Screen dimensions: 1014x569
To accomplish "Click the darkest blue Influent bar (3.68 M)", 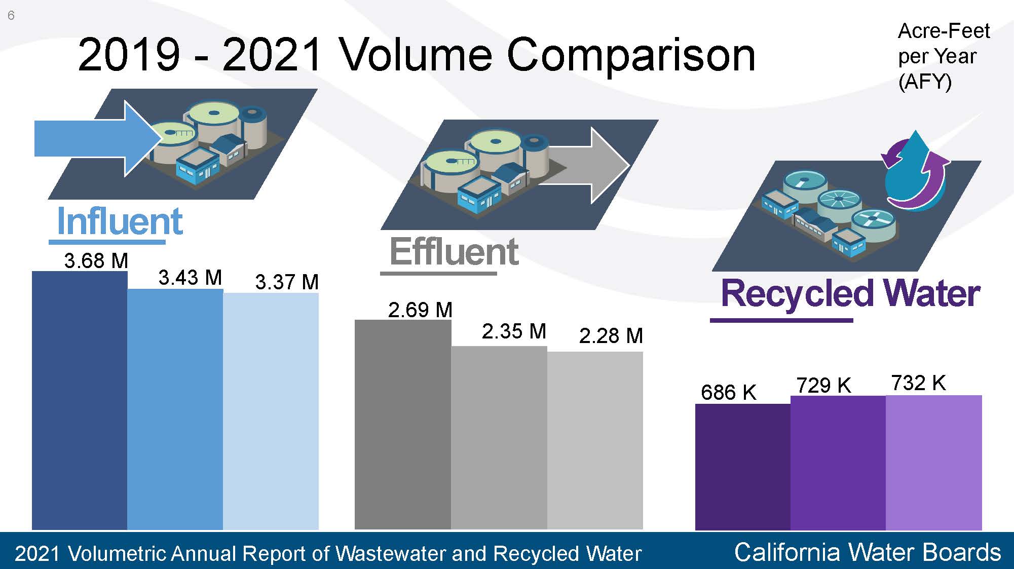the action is pos(80,400).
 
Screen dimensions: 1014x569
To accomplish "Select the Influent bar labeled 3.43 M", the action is pos(175,409).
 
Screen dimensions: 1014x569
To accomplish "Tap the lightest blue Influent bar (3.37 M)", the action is pos(271,411).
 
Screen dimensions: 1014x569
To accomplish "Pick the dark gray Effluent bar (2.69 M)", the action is pos(403,425).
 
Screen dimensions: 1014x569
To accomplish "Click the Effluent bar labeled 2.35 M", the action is pos(499,438).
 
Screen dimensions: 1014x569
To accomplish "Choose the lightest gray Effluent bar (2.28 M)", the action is pos(595,441).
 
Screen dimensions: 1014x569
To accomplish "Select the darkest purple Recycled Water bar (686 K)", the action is pos(743,467).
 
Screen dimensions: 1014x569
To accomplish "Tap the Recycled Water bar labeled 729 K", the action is pos(838,463).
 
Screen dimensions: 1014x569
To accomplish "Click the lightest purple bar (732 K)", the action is pos(934,463).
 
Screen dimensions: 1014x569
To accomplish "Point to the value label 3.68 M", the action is pos(96,261).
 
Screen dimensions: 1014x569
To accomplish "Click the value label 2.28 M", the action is pos(611,336).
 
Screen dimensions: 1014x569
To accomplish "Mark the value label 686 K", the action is pos(728,392).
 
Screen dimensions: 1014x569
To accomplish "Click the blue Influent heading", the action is pos(120,221).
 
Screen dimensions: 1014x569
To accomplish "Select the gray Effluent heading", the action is pos(454,251).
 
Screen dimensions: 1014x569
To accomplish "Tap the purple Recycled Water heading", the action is pos(850,294).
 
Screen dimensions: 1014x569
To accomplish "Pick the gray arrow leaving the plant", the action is pos(583,166).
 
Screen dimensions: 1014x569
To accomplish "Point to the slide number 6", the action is pos(11,16).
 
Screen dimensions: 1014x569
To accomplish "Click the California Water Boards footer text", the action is pos(868,552).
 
